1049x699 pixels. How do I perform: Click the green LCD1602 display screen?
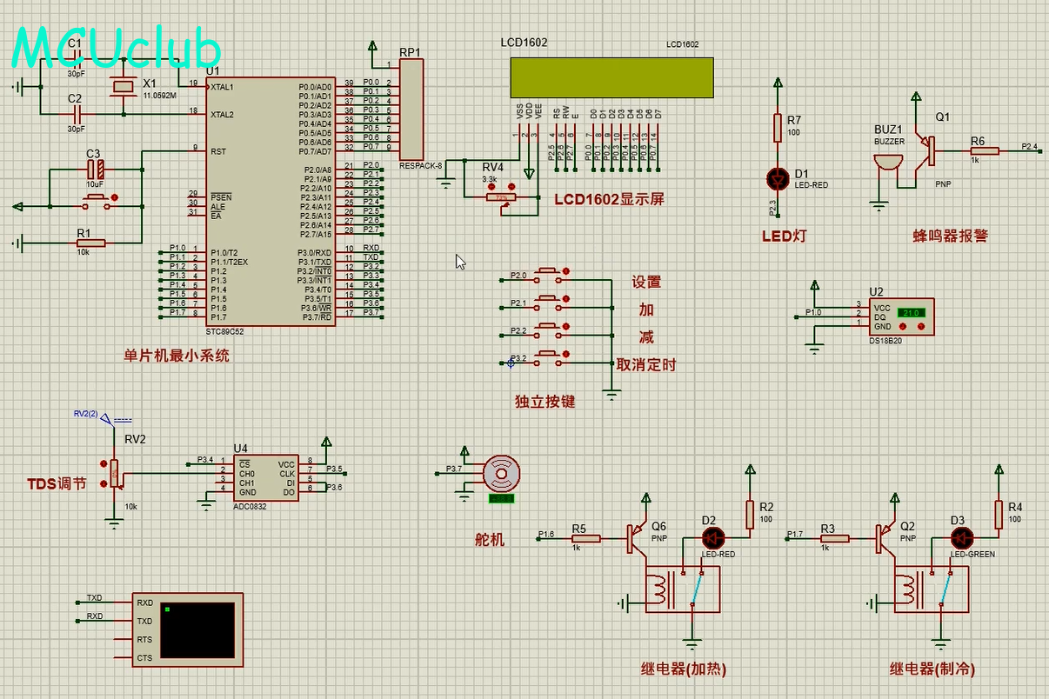[x=612, y=77]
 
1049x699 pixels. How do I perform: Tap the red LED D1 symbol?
[x=778, y=179]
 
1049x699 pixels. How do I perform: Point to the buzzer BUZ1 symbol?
[x=887, y=163]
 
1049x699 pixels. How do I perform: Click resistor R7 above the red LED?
[x=778, y=129]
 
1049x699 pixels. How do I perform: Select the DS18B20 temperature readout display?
[x=911, y=312]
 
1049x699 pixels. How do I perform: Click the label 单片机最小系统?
[x=177, y=355]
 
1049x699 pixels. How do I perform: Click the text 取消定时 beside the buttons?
[x=645, y=365]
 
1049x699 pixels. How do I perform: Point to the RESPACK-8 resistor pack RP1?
[x=411, y=108]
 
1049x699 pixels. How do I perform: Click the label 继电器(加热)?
[x=683, y=669]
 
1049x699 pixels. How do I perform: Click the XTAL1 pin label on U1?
[x=223, y=87]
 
